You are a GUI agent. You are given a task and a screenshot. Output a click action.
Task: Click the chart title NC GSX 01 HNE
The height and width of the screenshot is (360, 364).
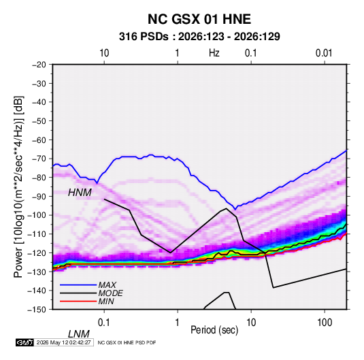tap(199, 19)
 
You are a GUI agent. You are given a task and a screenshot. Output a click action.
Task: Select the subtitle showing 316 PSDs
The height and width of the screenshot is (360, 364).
tap(199, 37)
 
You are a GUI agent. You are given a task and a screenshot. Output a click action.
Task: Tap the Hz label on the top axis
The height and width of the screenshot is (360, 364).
tap(214, 53)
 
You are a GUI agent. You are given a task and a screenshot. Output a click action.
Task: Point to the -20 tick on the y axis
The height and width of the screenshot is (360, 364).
tap(39, 65)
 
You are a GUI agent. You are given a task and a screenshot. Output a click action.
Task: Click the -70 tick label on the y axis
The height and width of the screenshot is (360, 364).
tap(39, 159)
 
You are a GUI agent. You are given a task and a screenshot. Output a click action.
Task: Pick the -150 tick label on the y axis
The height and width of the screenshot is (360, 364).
tap(37, 310)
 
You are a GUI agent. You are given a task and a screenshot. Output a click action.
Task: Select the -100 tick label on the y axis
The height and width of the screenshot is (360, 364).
tap(37, 215)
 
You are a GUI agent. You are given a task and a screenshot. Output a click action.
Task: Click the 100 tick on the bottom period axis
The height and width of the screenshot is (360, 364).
tap(325, 323)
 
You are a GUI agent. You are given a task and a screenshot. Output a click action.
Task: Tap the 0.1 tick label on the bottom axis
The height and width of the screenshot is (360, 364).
tap(104, 323)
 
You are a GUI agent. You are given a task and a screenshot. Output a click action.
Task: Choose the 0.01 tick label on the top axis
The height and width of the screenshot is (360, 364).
tap(324, 53)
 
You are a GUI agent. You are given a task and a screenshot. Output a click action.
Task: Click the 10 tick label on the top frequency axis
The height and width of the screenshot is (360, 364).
tap(104, 53)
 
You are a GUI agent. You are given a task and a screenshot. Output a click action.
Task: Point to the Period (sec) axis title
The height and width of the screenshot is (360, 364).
tap(214, 330)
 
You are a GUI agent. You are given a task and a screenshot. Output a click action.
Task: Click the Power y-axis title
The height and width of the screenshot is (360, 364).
tap(18, 186)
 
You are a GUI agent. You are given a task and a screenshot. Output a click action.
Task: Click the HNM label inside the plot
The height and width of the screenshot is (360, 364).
tap(80, 193)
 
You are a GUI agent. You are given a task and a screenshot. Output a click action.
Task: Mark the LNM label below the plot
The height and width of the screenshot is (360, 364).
tap(78, 334)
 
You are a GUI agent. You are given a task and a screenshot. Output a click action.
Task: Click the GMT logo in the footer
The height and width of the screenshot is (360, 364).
tap(24, 342)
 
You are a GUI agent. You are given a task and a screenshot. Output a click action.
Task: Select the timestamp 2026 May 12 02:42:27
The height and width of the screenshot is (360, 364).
tap(63, 342)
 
